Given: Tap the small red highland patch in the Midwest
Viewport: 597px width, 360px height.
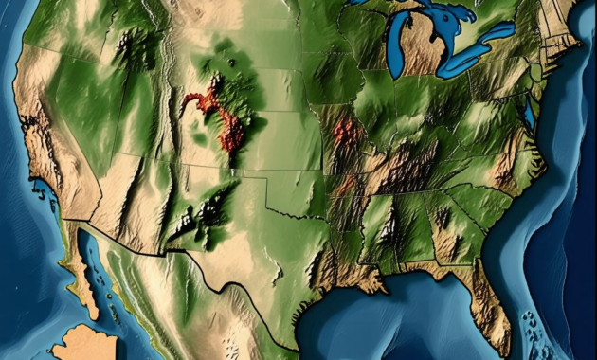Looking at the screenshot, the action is point(346,132).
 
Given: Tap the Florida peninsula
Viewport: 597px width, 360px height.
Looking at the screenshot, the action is point(492,313).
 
